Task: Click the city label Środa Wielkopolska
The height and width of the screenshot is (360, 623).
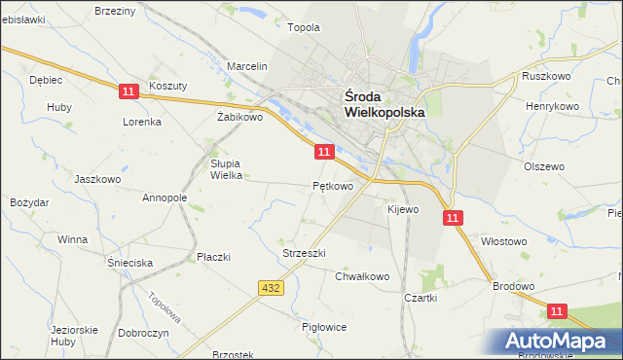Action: point(385,104)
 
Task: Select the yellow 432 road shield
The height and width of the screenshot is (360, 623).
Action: point(272,287)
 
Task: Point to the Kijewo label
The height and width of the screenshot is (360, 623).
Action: point(402,209)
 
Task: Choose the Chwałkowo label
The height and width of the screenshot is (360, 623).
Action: point(362,276)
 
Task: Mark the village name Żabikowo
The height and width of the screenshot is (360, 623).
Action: point(240,117)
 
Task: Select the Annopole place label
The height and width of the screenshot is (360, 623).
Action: point(165,198)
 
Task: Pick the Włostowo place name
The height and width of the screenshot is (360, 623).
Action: point(504,240)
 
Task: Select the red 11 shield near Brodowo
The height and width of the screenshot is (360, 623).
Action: point(556,310)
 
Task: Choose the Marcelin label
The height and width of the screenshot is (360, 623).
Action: point(247,66)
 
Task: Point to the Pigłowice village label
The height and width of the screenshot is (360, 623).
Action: point(324,327)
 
